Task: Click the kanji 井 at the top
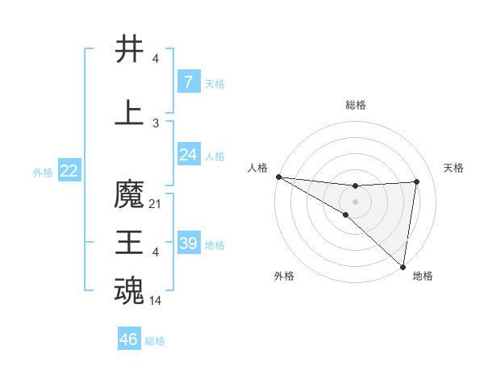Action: click(x=130, y=49)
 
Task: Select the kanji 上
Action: click(x=130, y=113)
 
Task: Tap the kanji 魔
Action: click(x=130, y=195)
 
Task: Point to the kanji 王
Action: click(x=130, y=243)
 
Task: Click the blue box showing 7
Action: click(x=188, y=81)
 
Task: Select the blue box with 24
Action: click(x=188, y=155)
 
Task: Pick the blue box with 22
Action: click(x=69, y=171)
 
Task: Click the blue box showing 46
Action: click(x=128, y=339)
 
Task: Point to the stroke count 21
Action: click(x=156, y=204)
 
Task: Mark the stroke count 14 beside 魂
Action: click(x=156, y=301)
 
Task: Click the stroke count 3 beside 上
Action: click(x=156, y=123)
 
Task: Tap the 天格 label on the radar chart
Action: click(x=454, y=168)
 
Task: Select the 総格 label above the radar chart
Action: click(x=356, y=105)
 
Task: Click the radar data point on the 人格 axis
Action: click(x=278, y=176)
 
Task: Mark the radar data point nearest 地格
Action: click(x=403, y=266)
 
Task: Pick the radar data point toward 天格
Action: click(x=416, y=181)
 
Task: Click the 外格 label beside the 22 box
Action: click(x=42, y=172)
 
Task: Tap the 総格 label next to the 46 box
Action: click(x=155, y=341)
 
